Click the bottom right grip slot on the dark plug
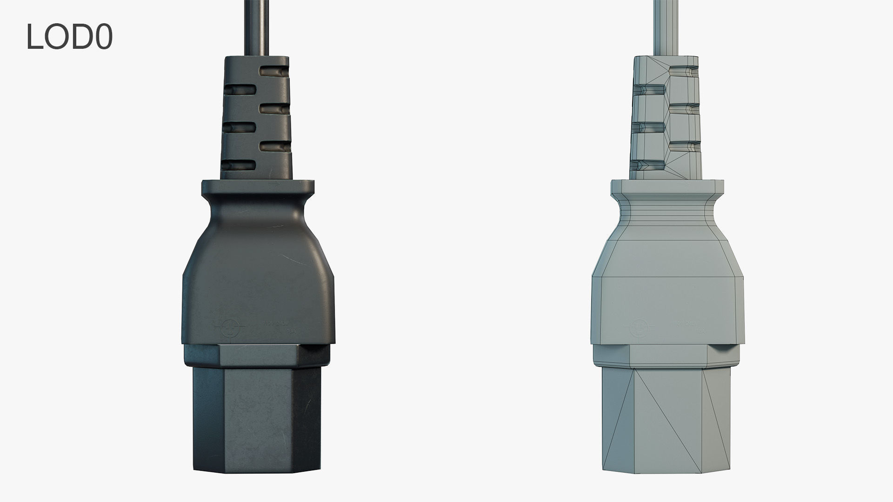(274, 147)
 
